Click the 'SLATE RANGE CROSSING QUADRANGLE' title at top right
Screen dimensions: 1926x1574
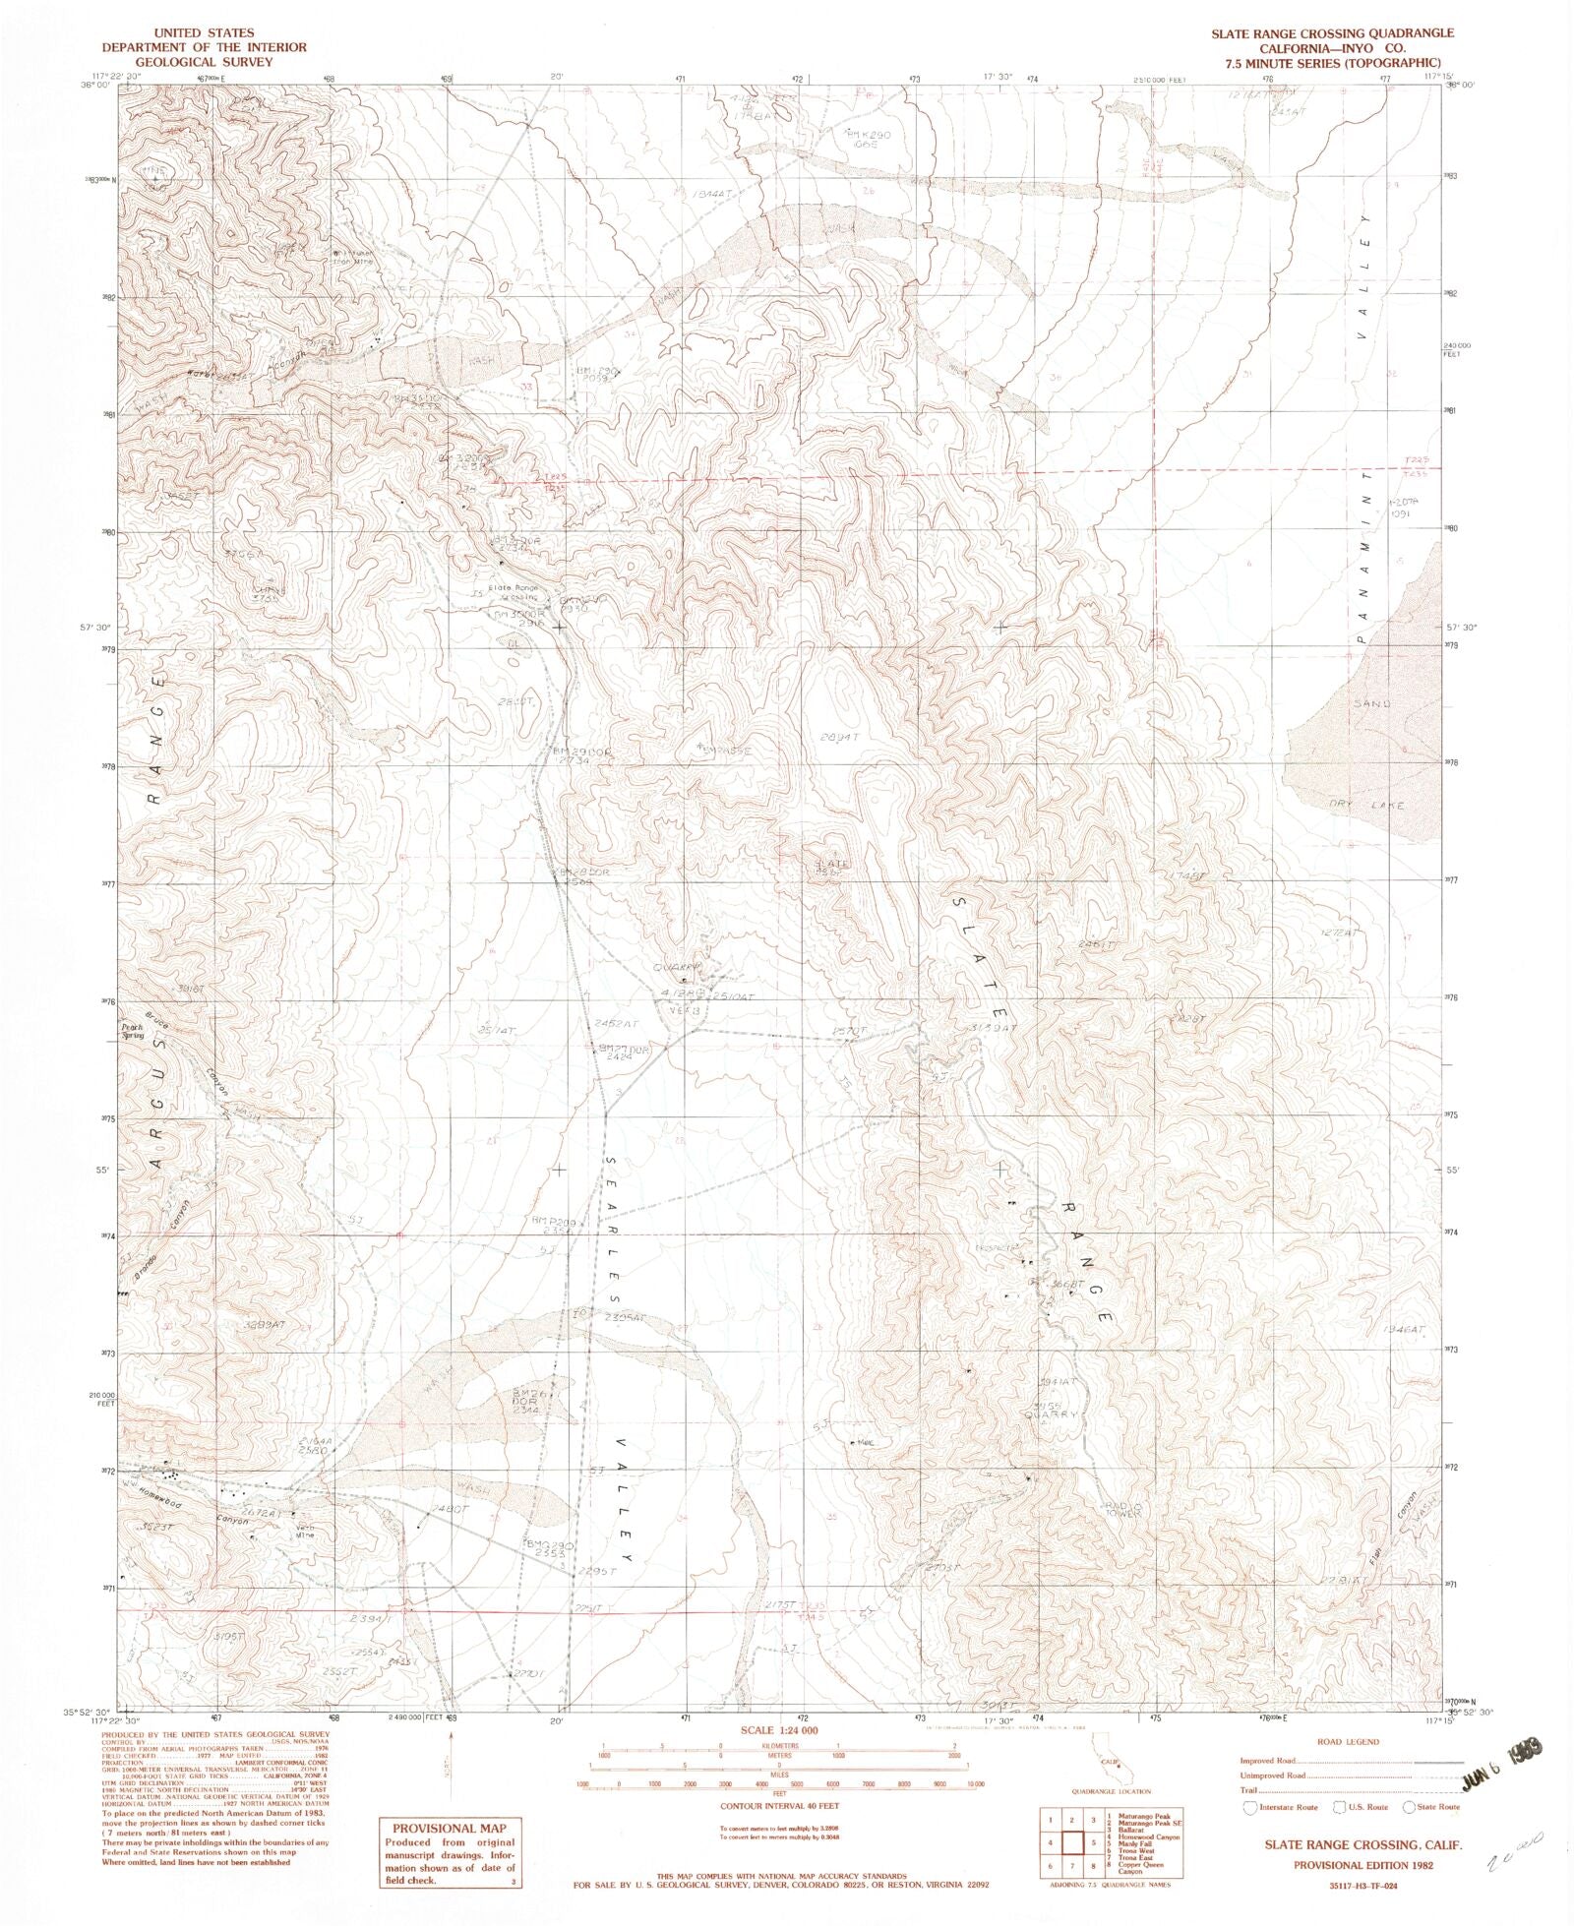[x=1319, y=33]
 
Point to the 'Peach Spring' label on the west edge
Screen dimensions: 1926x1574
[x=133, y=1032]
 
